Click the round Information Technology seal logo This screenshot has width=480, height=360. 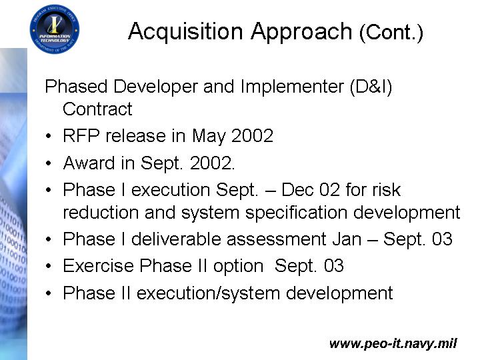coord(55,29)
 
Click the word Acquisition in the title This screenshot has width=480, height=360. coord(186,32)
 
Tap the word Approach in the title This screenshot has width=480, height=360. coord(301,32)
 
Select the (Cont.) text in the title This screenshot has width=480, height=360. coord(391,33)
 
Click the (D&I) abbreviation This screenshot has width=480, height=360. coord(371,87)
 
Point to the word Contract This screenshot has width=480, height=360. coord(97,109)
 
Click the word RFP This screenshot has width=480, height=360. coord(81,135)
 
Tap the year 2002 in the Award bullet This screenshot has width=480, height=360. coord(211,163)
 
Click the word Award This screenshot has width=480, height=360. coord(89,163)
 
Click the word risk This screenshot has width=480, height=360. coord(386,190)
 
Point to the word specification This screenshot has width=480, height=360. coord(296,213)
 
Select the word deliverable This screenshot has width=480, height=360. coord(176,239)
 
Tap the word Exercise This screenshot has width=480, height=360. coord(98,266)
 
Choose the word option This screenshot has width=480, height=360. coord(239,267)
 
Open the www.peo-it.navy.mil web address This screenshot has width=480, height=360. coord(393,343)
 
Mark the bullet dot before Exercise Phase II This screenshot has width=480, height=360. coord(49,266)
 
